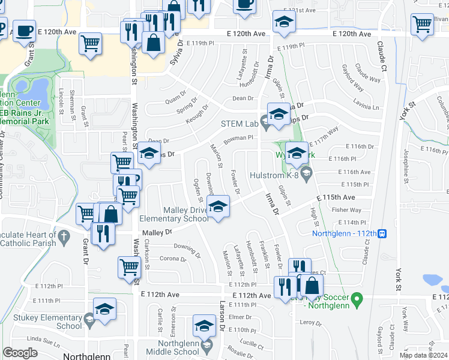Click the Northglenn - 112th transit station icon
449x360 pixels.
382,233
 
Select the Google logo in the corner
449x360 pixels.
20,353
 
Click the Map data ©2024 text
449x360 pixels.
423,355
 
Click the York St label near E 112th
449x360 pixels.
397,280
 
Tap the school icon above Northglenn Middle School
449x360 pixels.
204,326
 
